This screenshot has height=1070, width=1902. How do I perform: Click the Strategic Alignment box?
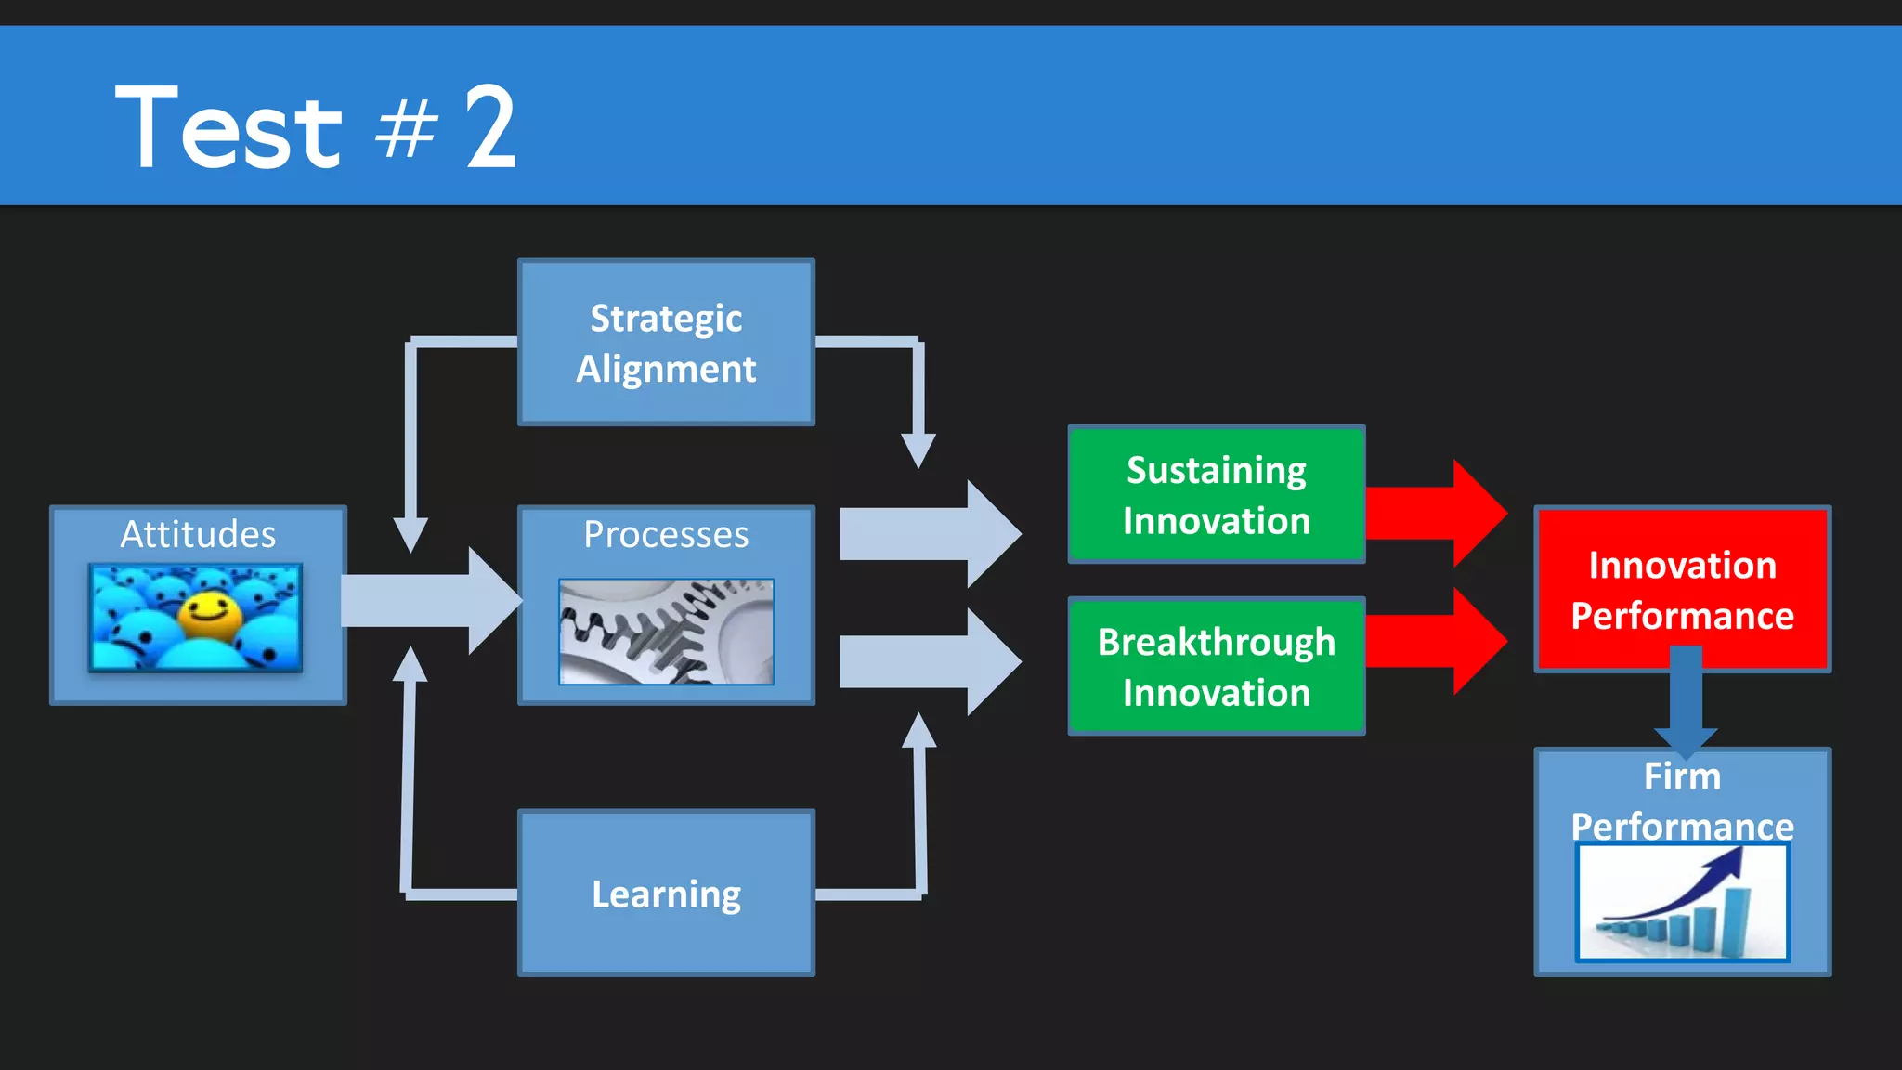point(666,343)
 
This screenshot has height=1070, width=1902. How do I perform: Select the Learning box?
point(666,894)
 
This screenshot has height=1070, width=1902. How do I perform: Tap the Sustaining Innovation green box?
point(1216,495)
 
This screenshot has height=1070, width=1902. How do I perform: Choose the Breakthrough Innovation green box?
point(1216,667)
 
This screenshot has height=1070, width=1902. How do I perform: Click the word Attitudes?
point(198,534)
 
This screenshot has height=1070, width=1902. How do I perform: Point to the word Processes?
point(666,534)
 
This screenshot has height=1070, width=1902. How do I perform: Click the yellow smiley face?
point(209,616)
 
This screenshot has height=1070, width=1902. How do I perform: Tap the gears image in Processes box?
point(666,632)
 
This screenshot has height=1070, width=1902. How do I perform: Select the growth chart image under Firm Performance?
point(1682,903)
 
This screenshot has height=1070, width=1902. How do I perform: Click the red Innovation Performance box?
point(1682,590)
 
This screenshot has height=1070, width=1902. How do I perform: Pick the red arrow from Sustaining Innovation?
point(1435,513)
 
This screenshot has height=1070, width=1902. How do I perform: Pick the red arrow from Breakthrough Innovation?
point(1435,641)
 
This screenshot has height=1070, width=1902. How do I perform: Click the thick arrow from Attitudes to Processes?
point(427,601)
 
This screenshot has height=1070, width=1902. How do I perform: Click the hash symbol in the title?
point(406,130)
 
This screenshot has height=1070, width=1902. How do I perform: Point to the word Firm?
point(1682,776)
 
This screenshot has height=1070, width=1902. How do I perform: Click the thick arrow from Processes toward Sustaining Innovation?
point(929,534)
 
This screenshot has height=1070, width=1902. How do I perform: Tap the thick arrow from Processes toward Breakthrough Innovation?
point(929,661)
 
